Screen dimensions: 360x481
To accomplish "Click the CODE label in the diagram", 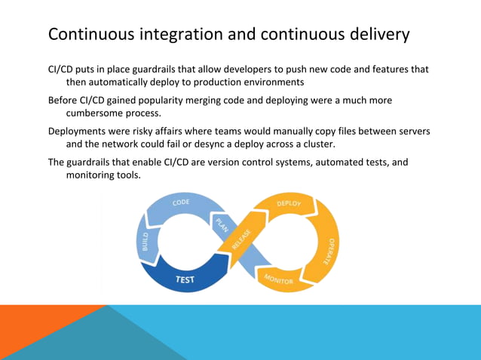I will click(181, 203).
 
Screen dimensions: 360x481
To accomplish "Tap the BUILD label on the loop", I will click(146, 241).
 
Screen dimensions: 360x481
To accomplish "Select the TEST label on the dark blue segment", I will click(185, 279).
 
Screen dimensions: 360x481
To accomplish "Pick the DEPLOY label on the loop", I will click(289, 203).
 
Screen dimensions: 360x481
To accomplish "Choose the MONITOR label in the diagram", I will click(279, 280).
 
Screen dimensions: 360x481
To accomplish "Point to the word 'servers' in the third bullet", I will click(412, 131).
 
